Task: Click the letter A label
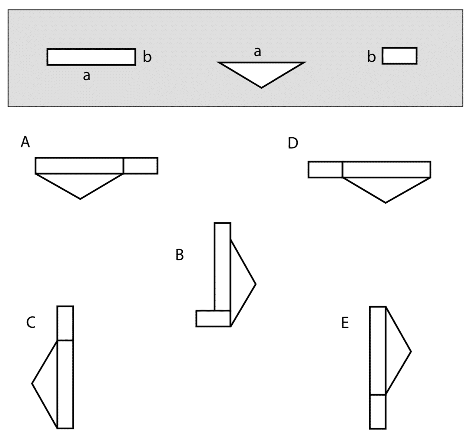(25, 142)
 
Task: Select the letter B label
(179, 255)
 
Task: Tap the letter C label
(31, 323)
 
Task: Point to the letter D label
(293, 143)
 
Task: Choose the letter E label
(345, 323)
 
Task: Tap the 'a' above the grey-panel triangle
(257, 52)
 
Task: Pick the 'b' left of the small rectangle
(371, 57)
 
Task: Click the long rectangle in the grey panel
(91, 57)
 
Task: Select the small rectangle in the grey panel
(400, 56)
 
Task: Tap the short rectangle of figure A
(140, 166)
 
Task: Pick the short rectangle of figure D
(325, 170)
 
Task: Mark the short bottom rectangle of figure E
(378, 411)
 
